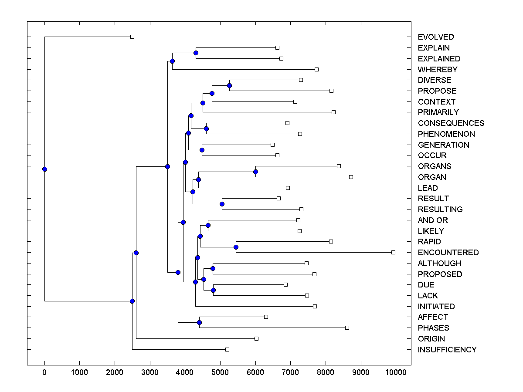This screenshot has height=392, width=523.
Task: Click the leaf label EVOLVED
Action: pyautogui.click(x=436, y=37)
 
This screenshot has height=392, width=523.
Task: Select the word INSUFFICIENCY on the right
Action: pyautogui.click(x=447, y=350)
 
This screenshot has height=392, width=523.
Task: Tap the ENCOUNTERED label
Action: pyautogui.click(x=448, y=253)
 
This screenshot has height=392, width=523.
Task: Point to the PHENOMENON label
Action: pyautogui.click(x=446, y=134)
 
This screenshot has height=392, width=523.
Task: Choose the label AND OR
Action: pyautogui.click(x=433, y=220)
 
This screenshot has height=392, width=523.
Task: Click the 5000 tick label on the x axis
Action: pyautogui.click(x=220, y=372)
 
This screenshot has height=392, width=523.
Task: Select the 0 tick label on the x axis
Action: pyautogui.click(x=44, y=372)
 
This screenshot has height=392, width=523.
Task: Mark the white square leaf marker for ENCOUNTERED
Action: pyautogui.click(x=393, y=252)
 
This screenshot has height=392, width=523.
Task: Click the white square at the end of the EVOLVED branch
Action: pyautogui.click(x=132, y=37)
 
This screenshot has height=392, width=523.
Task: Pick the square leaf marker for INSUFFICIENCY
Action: pyautogui.click(x=227, y=349)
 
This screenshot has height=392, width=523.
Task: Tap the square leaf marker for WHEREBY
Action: pyautogui.click(x=317, y=69)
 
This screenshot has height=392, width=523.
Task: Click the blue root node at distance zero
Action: pyautogui.click(x=44, y=169)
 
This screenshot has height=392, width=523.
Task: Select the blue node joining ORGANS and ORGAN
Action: pyautogui.click(x=255, y=172)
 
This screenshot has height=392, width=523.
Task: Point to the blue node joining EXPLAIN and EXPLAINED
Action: pyautogui.click(x=196, y=53)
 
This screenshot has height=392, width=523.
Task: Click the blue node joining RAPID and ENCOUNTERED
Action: pyautogui.click(x=236, y=247)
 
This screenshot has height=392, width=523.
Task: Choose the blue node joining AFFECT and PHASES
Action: pyautogui.click(x=199, y=322)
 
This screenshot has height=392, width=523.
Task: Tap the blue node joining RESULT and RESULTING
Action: pyautogui.click(x=222, y=204)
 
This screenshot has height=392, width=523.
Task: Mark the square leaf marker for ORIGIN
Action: pyautogui.click(x=256, y=338)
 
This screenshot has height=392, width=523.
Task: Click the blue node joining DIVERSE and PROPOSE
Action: pyautogui.click(x=230, y=85)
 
